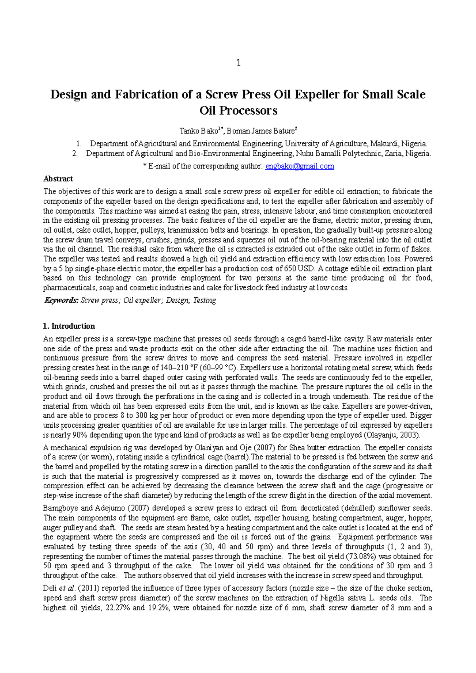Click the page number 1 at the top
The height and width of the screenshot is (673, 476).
[x=238, y=63]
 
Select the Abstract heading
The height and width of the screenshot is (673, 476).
[x=58, y=179]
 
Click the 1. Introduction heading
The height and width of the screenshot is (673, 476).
[x=69, y=326]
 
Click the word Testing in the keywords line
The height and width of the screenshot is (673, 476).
[x=204, y=300]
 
